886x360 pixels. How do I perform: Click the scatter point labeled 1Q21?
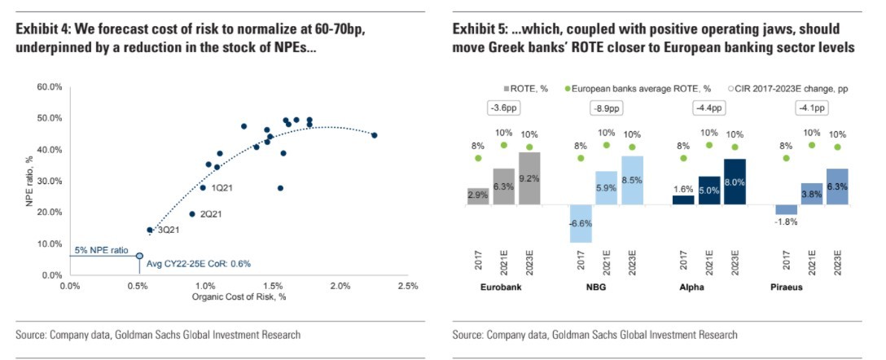click(x=203, y=187)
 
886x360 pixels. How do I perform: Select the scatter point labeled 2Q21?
click(x=192, y=214)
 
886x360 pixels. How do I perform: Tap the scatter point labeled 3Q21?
click(x=149, y=230)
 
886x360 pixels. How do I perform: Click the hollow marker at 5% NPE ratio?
click(x=139, y=256)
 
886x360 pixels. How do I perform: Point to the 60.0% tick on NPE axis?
click(x=50, y=86)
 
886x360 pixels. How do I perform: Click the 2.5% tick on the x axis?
click(x=407, y=287)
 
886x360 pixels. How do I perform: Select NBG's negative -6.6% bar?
click(x=581, y=222)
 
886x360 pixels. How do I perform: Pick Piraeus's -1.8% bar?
click(x=786, y=209)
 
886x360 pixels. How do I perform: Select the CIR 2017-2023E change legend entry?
click(x=775, y=88)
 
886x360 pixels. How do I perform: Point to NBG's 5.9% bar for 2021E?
click(x=606, y=187)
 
